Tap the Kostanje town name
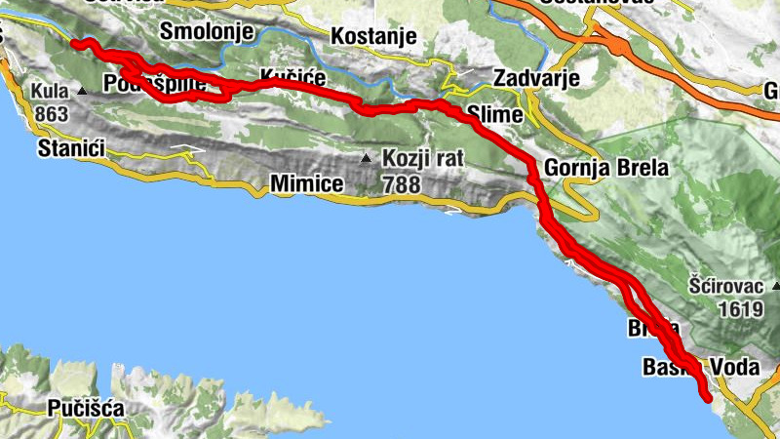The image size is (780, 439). click(x=374, y=37)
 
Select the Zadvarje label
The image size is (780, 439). click(x=537, y=78)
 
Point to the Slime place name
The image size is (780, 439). click(x=495, y=115)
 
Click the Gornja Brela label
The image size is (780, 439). click(x=606, y=168)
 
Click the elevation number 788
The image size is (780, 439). click(x=402, y=182)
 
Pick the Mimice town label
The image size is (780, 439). click(x=306, y=182)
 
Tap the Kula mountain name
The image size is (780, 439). click(x=47, y=92)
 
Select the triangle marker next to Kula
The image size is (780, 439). click(x=82, y=93)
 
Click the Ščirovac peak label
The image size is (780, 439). click(x=724, y=287)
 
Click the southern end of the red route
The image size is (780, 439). click(x=707, y=395)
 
